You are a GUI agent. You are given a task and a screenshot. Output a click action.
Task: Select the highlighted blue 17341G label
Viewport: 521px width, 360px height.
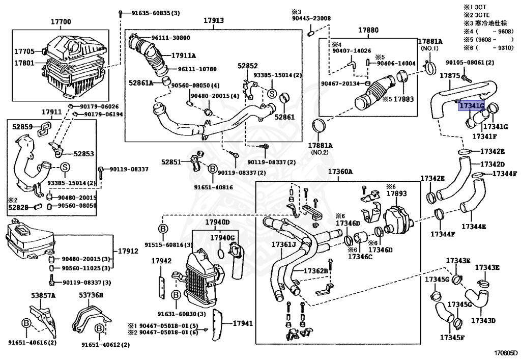click(x=471, y=106)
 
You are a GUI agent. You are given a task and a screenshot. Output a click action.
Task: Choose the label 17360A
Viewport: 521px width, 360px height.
click(x=340, y=172)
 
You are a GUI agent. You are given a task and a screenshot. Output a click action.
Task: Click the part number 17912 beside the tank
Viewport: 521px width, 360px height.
click(x=128, y=251)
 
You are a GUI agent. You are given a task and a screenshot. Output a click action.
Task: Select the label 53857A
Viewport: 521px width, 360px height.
click(x=43, y=295)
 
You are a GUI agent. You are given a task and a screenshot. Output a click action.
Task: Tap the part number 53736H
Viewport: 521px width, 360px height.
click(x=91, y=295)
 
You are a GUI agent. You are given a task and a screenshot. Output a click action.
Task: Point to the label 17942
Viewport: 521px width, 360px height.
click(x=161, y=261)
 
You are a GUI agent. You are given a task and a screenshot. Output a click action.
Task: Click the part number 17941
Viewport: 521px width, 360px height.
click(x=243, y=323)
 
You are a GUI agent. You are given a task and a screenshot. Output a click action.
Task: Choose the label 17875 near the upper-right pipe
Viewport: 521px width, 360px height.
click(x=450, y=75)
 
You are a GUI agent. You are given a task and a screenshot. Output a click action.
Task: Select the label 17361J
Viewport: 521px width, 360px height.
click(x=283, y=245)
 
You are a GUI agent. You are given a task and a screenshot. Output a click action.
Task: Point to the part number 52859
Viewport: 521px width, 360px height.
click(x=22, y=127)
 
